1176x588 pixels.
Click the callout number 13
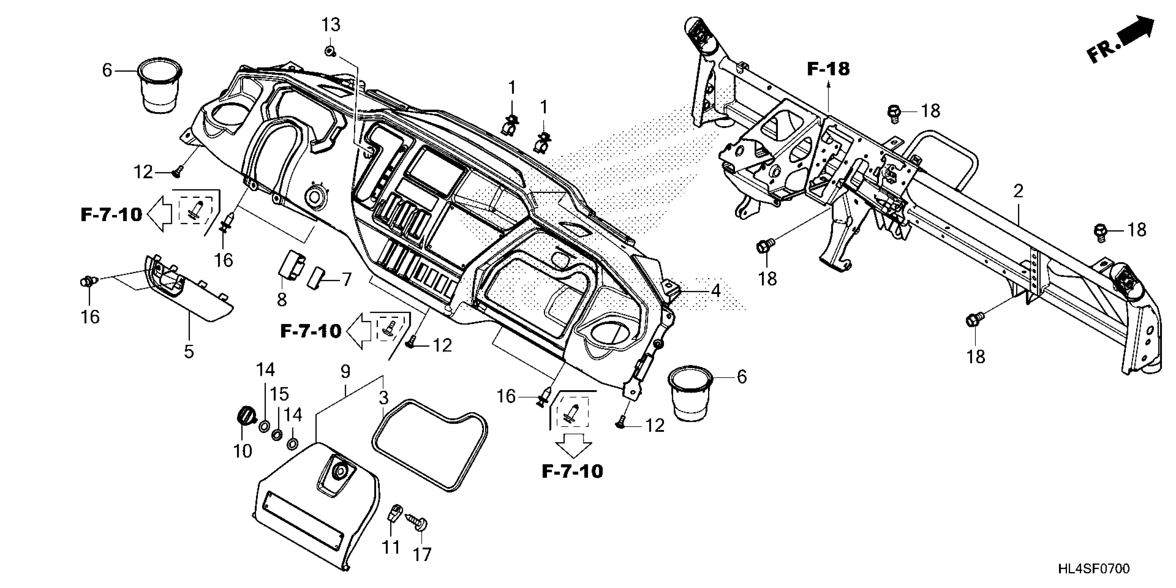(x=331, y=25)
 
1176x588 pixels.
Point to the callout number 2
(x=1019, y=191)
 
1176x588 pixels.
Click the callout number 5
(x=189, y=351)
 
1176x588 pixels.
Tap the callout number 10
(x=242, y=451)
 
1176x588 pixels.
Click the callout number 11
(x=391, y=547)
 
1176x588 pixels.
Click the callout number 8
(x=282, y=300)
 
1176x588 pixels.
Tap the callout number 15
(x=279, y=394)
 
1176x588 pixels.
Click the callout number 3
(x=384, y=398)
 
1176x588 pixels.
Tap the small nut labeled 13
(x=329, y=51)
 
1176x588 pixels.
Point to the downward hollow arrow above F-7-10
(x=574, y=445)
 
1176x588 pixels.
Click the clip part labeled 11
(x=395, y=513)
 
